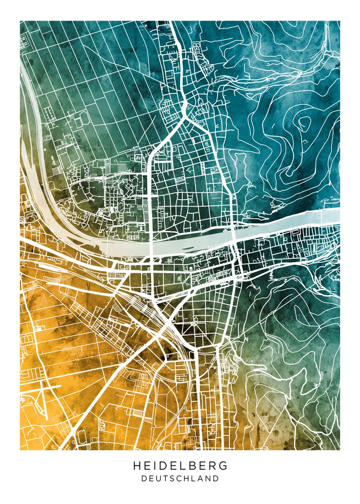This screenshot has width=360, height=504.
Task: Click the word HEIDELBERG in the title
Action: click(180, 466)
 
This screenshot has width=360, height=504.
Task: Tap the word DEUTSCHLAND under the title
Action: click(180, 478)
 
